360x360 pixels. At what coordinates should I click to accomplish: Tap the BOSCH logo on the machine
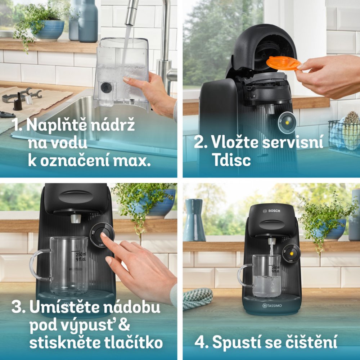pyautogui.click(x=271, y=211)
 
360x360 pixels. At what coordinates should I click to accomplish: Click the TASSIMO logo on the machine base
pyautogui.click(x=272, y=306)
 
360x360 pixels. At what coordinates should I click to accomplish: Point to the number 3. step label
pyautogui.click(x=18, y=307)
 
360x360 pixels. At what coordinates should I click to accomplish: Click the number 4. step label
pyautogui.click(x=201, y=342)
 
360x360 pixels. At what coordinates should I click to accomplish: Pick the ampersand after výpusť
pyautogui.click(x=125, y=324)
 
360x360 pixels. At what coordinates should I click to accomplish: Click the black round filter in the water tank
pyautogui.click(x=106, y=87)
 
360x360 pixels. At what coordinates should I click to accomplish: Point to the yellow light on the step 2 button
pyautogui.click(x=287, y=123)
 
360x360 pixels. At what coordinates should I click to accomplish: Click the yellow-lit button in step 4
pyautogui.click(x=291, y=253)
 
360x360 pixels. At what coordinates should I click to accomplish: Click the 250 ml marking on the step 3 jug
pyautogui.click(x=81, y=254)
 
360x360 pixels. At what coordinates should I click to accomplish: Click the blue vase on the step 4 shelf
pyautogui.click(x=194, y=220)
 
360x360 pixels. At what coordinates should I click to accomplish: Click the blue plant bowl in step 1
pyautogui.click(x=50, y=30)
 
